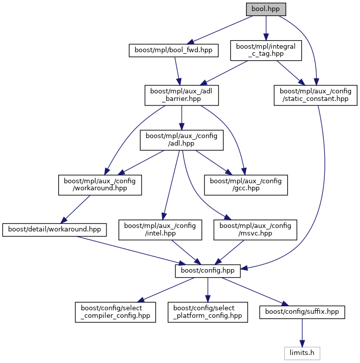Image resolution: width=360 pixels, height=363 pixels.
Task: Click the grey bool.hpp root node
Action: coord(266,9)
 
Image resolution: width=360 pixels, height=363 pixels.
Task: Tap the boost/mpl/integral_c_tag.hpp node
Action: coord(266,50)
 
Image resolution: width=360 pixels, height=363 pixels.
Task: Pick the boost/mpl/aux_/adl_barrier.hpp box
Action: coord(181,95)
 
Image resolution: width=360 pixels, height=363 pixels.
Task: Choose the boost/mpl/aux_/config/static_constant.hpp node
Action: coord(315,95)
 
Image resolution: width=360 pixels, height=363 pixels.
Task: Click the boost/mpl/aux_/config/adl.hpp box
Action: coord(181,140)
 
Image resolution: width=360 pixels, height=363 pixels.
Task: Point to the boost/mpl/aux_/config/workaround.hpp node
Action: coord(100,185)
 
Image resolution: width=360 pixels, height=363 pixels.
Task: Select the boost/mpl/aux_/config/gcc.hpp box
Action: coord(246,185)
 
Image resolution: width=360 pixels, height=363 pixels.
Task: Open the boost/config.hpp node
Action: coord(207,271)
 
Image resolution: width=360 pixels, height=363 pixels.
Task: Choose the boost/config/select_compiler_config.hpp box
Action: coord(115,312)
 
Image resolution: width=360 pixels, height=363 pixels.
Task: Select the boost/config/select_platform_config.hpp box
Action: coord(207,312)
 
